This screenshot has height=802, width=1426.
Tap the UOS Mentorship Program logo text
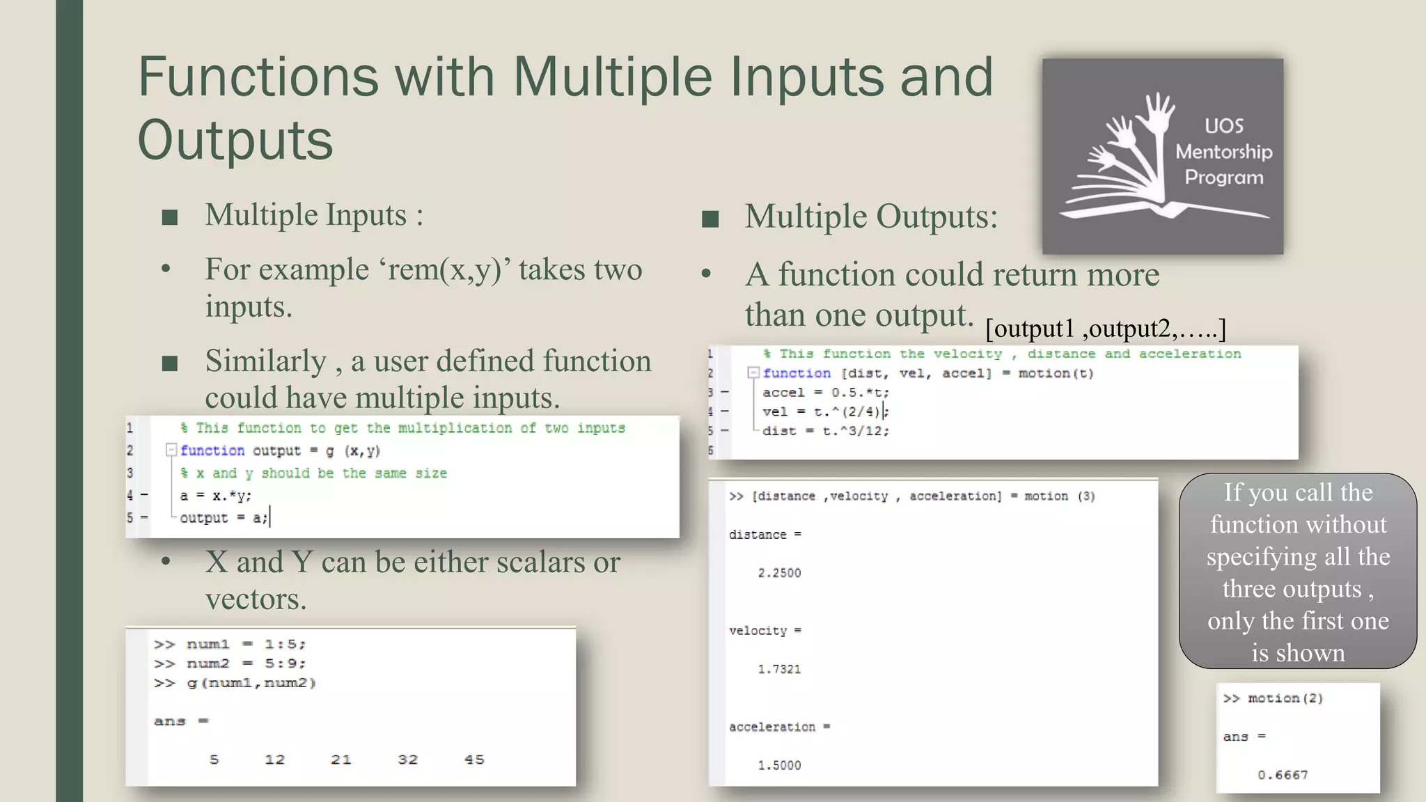pyautogui.click(x=1223, y=152)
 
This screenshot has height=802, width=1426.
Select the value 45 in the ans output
pyautogui.click(x=474, y=760)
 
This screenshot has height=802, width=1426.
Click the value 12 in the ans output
pyautogui.click(x=274, y=760)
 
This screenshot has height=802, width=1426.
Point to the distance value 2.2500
pyautogui.click(x=779, y=573)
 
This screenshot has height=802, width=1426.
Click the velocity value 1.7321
pyautogui.click(x=779, y=669)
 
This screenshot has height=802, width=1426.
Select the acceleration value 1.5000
pyautogui.click(x=779, y=765)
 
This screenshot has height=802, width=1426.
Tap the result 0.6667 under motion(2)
pyautogui.click(x=1283, y=775)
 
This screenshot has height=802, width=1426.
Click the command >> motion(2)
pyautogui.click(x=1274, y=698)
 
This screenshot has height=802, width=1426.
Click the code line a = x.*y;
pyautogui.click(x=216, y=496)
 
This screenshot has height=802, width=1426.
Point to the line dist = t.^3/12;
pyautogui.click(x=825, y=431)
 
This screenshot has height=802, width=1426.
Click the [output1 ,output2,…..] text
pyautogui.click(x=1105, y=328)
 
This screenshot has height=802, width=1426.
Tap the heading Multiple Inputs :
pyautogui.click(x=314, y=215)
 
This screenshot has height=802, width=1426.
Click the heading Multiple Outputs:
pyautogui.click(x=871, y=217)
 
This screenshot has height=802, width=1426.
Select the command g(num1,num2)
pyautogui.click(x=251, y=683)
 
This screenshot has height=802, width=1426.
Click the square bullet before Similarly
pyautogui.click(x=170, y=363)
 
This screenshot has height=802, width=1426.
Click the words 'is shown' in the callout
pyautogui.click(x=1298, y=652)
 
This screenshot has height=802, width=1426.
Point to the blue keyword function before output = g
pyautogui.click(x=212, y=450)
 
